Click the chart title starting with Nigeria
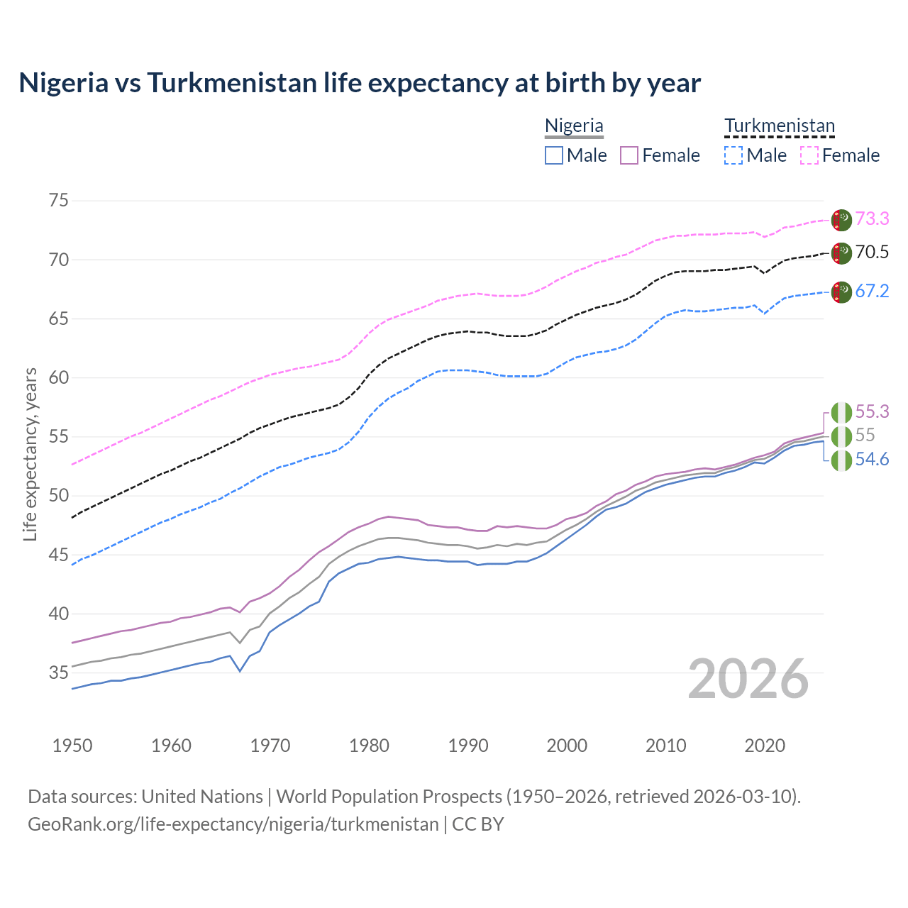(360, 83)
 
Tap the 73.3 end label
(872, 218)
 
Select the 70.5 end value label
(872, 252)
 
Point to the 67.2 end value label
(872, 291)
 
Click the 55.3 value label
(872, 411)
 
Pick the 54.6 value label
(872, 460)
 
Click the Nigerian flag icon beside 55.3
(841, 412)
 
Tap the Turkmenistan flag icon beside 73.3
(841, 220)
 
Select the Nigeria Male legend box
(554, 155)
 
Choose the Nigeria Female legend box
(629, 155)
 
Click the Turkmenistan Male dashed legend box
(733, 155)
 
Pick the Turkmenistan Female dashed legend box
(809, 155)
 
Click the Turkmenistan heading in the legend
(779, 126)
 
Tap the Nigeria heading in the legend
(574, 126)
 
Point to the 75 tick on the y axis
(58, 200)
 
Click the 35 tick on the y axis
(58, 672)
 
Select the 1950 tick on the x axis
(72, 746)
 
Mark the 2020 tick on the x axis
(765, 746)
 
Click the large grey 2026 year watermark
(748, 679)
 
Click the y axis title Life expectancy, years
(31, 454)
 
